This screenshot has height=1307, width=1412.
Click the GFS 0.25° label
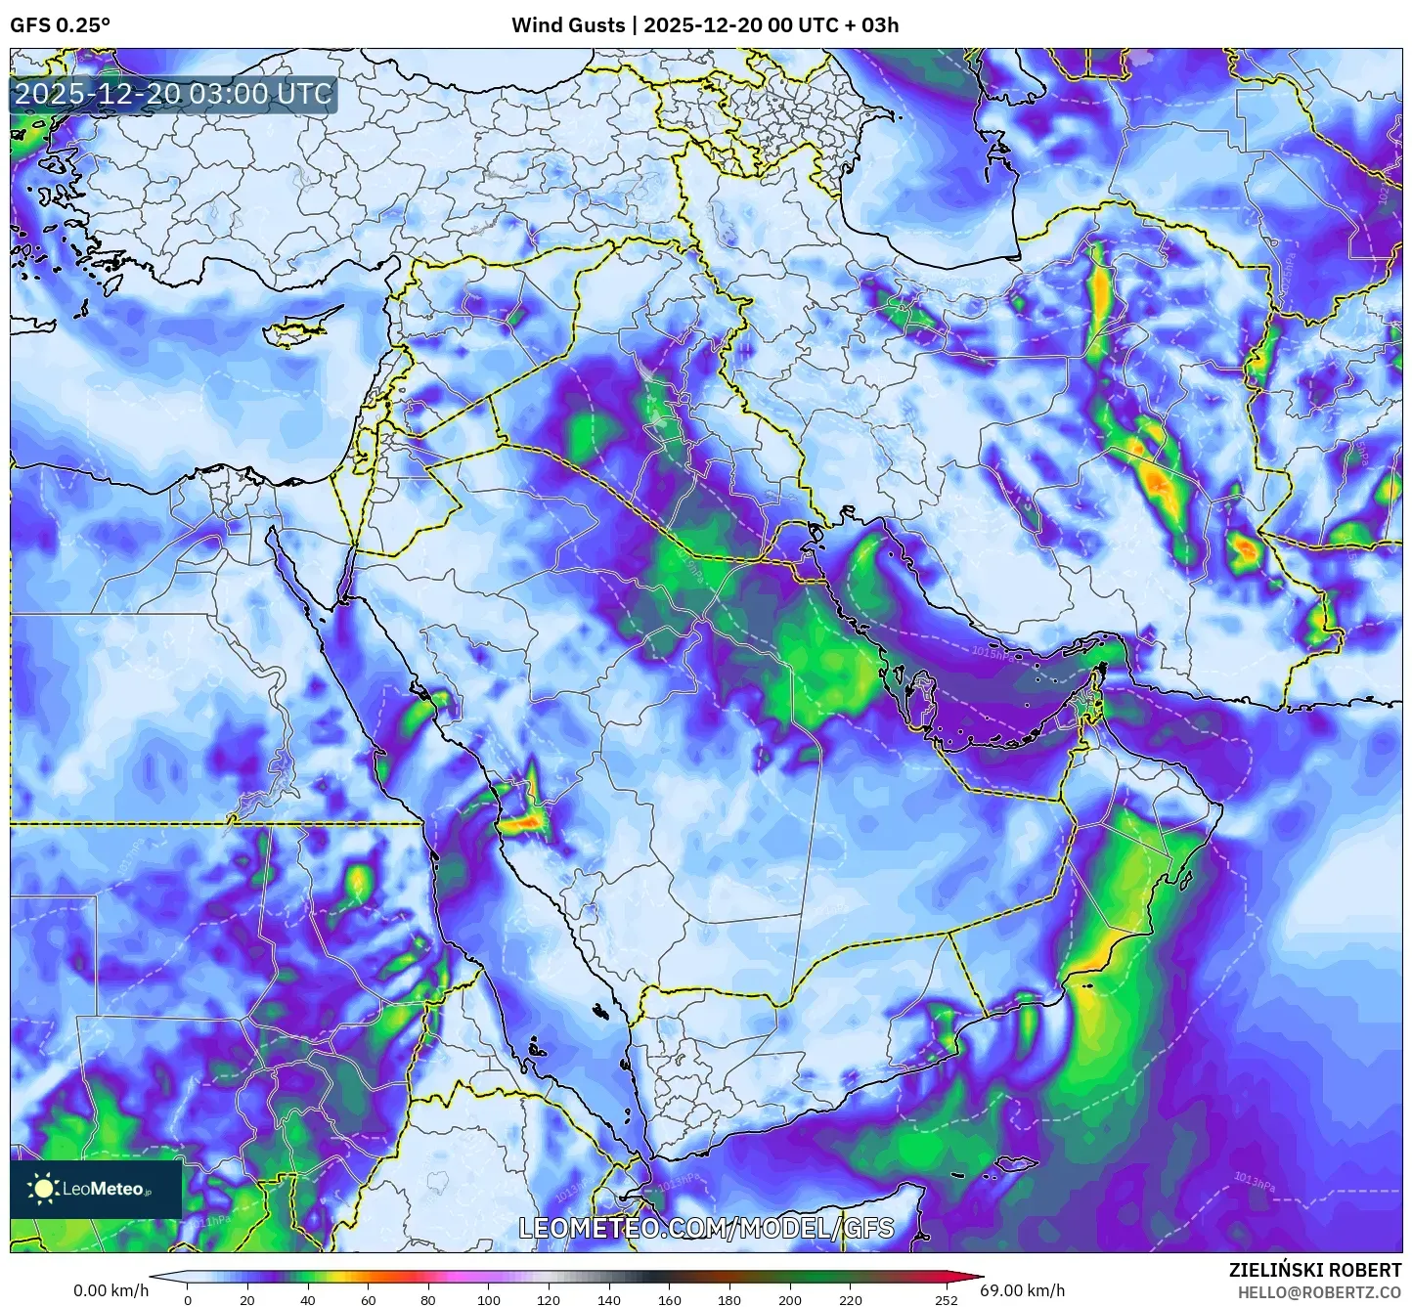[x=60, y=25]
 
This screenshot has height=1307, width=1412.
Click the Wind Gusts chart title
[x=705, y=25]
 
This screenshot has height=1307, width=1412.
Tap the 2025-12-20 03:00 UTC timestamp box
[x=173, y=94]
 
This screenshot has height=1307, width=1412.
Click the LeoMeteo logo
[x=96, y=1189]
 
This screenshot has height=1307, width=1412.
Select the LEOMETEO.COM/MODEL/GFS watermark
[x=705, y=1228]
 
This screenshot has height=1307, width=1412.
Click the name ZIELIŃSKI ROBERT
[x=1315, y=1269]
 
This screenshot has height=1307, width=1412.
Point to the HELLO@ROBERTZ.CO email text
[x=1319, y=1291]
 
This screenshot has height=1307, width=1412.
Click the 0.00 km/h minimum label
[x=110, y=1290]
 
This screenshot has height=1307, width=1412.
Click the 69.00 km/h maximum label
[x=1023, y=1290]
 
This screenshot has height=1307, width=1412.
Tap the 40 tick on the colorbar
[x=308, y=1300]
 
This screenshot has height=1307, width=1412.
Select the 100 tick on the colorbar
[x=489, y=1300]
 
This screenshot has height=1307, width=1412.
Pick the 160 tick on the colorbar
[x=670, y=1300]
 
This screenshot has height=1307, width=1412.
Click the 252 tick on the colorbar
[x=946, y=1300]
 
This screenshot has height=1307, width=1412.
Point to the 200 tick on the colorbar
[x=790, y=1300]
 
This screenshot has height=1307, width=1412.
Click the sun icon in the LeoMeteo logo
[x=44, y=1189]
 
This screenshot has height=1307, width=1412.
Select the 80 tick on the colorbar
[x=428, y=1300]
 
